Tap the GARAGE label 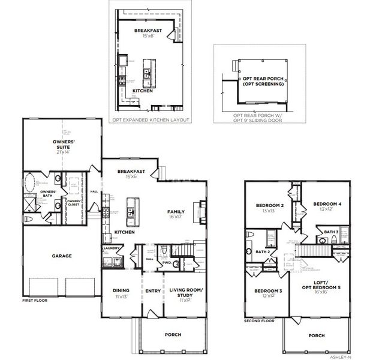click(x=62, y=256)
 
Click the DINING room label click(x=121, y=291)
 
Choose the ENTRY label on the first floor click(x=152, y=291)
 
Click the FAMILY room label click(x=176, y=212)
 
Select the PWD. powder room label click(x=167, y=262)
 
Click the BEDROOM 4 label click(x=327, y=204)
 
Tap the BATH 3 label click(x=331, y=232)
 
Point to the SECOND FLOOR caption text click(x=260, y=321)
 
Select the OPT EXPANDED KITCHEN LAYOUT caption click(x=151, y=120)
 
